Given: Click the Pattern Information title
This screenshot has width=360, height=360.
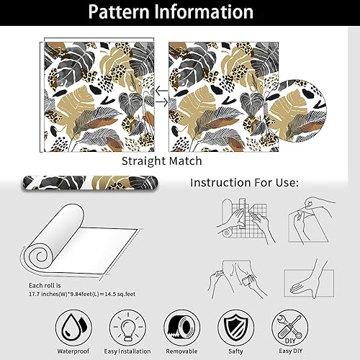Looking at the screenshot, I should (x=180, y=13).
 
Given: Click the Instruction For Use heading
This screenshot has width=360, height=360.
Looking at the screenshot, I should (x=244, y=182).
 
